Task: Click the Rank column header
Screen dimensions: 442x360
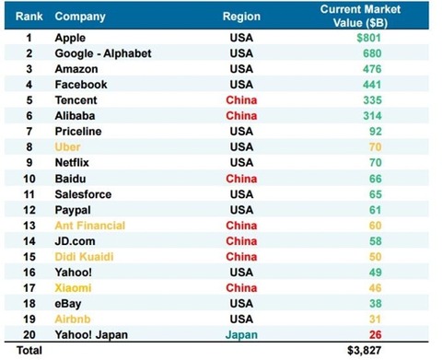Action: click(29, 17)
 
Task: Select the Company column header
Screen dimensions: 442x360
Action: click(80, 17)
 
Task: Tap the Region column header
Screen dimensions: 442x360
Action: click(241, 17)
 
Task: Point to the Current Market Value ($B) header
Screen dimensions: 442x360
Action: click(360, 16)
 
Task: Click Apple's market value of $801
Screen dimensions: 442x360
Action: click(368, 38)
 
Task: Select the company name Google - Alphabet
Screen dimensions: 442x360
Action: click(103, 53)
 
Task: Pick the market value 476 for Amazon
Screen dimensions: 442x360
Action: click(372, 69)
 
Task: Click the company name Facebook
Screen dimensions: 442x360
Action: click(81, 85)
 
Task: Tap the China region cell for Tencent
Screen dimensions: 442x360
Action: click(241, 100)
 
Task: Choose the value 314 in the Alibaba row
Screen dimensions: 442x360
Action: click(372, 116)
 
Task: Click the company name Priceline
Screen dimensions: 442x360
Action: click(78, 132)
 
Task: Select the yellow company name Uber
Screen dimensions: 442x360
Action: click(67, 147)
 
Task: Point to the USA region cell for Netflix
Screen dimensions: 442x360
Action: click(241, 162)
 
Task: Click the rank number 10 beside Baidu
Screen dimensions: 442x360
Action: click(29, 179)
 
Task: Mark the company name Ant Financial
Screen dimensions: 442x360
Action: click(90, 226)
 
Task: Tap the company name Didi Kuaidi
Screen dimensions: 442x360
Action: click(84, 257)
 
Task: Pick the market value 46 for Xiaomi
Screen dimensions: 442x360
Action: click(375, 288)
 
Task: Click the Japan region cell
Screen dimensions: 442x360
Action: click(241, 335)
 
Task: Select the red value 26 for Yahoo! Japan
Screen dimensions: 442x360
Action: click(375, 334)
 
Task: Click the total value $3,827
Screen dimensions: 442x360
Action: click(364, 351)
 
